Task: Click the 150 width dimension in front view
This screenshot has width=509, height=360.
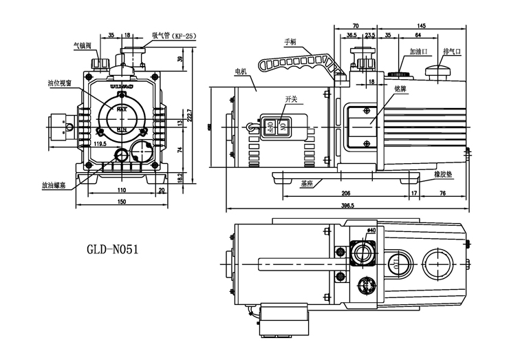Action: [121, 201]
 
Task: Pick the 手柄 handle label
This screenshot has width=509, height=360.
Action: [289, 42]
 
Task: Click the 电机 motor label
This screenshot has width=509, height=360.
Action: [240, 71]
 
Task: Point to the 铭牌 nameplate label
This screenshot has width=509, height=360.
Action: [400, 89]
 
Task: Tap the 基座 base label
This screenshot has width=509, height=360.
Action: [307, 184]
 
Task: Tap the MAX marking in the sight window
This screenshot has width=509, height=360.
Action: [121, 109]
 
